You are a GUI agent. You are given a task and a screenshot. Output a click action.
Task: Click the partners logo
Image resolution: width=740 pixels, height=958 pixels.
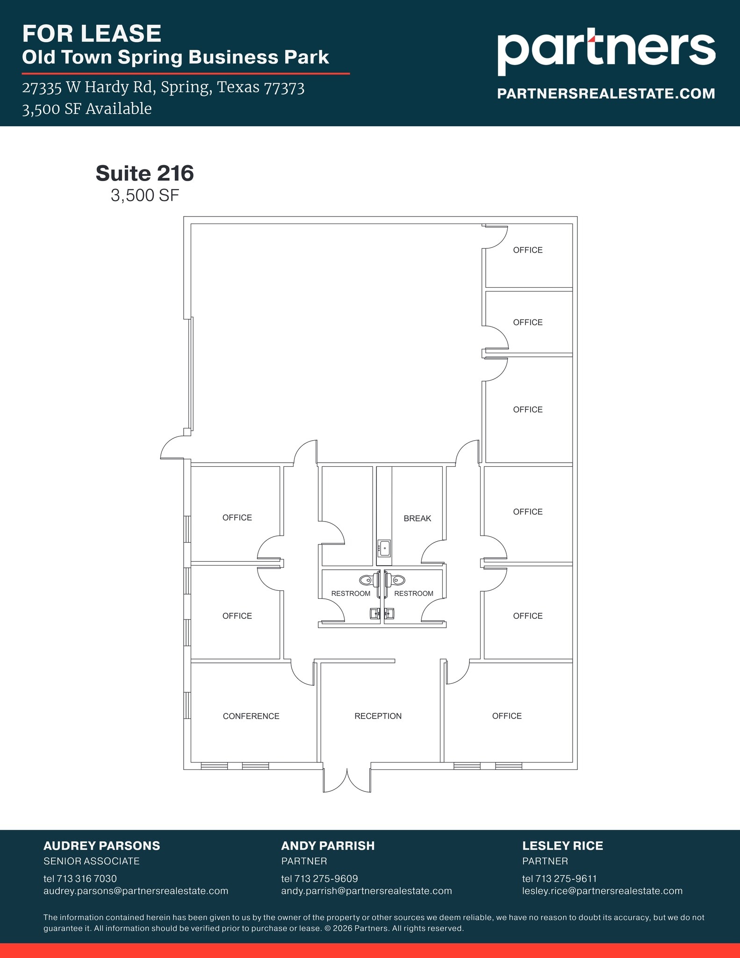tap(606, 51)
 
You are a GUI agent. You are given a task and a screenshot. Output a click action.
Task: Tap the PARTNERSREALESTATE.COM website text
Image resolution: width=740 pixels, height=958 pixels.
tap(606, 94)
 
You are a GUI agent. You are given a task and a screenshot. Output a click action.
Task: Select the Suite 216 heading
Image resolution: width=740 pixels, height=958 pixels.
tap(144, 174)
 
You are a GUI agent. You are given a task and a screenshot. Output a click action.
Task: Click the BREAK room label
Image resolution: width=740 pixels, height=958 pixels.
tap(417, 518)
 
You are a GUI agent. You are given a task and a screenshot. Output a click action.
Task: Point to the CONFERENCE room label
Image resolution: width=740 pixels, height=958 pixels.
tap(251, 716)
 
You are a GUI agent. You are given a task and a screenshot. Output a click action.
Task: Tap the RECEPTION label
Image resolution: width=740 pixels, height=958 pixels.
tap(378, 716)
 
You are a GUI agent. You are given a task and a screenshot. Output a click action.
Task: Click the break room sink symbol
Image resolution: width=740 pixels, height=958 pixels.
tap(384, 548)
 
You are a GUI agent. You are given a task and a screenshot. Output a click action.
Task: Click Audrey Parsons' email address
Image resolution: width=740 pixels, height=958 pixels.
tap(136, 891)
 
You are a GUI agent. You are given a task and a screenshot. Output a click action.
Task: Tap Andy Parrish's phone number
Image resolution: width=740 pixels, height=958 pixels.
tap(320, 878)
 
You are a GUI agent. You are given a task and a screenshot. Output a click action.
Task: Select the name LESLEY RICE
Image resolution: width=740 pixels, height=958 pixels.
tap(562, 846)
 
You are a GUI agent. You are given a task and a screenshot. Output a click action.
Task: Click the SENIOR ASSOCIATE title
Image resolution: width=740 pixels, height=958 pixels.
tap(91, 861)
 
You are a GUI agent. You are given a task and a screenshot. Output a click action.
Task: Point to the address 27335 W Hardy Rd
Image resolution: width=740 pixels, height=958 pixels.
tap(163, 87)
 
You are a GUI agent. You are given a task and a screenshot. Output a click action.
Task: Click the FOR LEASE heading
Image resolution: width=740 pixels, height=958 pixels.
tap(92, 34)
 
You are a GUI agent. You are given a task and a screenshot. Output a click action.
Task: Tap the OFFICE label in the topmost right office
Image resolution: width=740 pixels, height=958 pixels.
tap(528, 250)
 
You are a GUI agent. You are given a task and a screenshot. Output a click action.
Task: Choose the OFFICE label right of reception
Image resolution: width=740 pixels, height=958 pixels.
tap(507, 716)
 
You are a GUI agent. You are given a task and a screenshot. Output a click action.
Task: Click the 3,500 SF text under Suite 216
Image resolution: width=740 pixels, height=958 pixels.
tap(145, 196)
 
